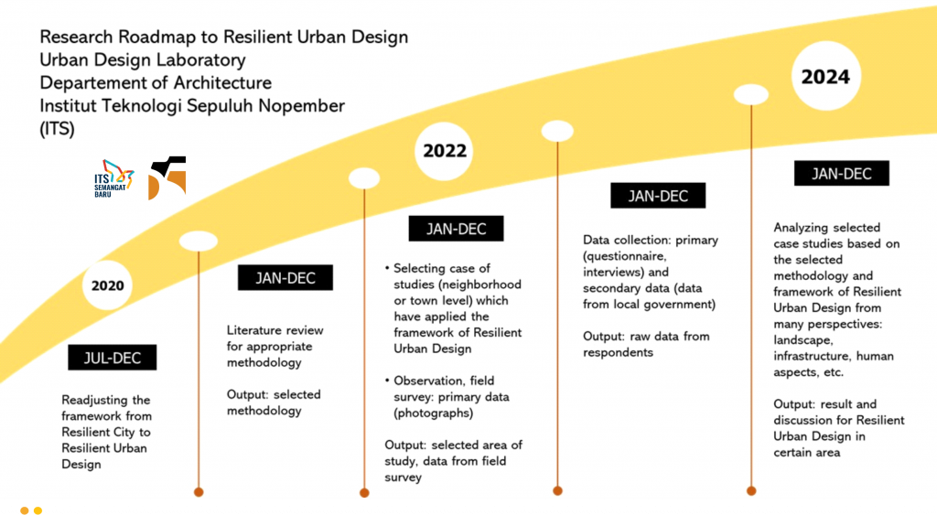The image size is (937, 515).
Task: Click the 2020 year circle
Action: pos(108,285)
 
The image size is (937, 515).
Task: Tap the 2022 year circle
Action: pos(444,151)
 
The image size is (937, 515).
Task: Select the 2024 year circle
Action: pos(826,76)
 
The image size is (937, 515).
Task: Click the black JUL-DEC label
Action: pos(113,358)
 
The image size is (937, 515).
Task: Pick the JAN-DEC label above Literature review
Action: pos(285,278)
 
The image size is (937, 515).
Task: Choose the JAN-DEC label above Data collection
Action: pos(658,196)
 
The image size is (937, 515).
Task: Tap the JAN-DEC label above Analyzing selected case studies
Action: pos(842,173)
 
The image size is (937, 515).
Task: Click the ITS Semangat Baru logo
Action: pos(113,178)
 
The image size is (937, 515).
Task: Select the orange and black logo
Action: pos(167,178)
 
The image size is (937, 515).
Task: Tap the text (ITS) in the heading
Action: pos(58,129)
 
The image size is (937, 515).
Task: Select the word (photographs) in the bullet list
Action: pos(433,413)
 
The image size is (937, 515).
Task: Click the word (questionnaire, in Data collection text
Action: pos(624,256)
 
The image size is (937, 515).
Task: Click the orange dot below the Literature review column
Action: pos(199,492)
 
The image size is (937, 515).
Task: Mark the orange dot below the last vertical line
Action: pos(751,491)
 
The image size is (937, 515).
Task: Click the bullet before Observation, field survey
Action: pos(387,381)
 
